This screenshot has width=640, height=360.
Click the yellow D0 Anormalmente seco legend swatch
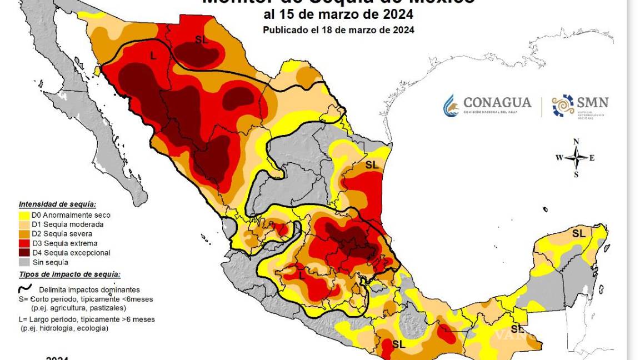(x=24, y=215)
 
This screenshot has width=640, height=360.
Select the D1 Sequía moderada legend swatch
(x=24, y=224)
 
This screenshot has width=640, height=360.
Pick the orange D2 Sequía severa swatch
(x=24, y=234)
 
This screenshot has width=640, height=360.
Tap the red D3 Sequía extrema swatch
(x=24, y=243)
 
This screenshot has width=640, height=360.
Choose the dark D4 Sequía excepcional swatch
(x=24, y=253)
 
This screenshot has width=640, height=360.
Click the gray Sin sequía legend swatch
(x=24, y=262)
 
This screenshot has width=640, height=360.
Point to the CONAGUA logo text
(x=497, y=103)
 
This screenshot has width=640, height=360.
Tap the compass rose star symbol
(x=577, y=158)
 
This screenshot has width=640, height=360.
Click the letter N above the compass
(x=577, y=141)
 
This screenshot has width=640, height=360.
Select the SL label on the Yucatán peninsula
(x=578, y=233)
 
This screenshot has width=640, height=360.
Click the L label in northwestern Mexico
(x=153, y=56)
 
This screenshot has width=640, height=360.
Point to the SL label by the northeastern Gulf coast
(x=372, y=165)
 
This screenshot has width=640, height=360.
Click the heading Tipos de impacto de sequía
(x=69, y=274)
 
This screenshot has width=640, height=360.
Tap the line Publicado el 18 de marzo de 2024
(x=338, y=30)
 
